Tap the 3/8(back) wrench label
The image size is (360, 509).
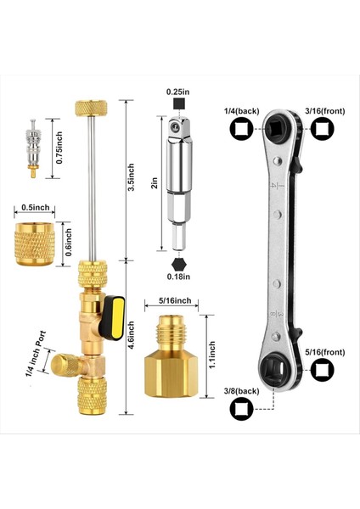click(x=241, y=390)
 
